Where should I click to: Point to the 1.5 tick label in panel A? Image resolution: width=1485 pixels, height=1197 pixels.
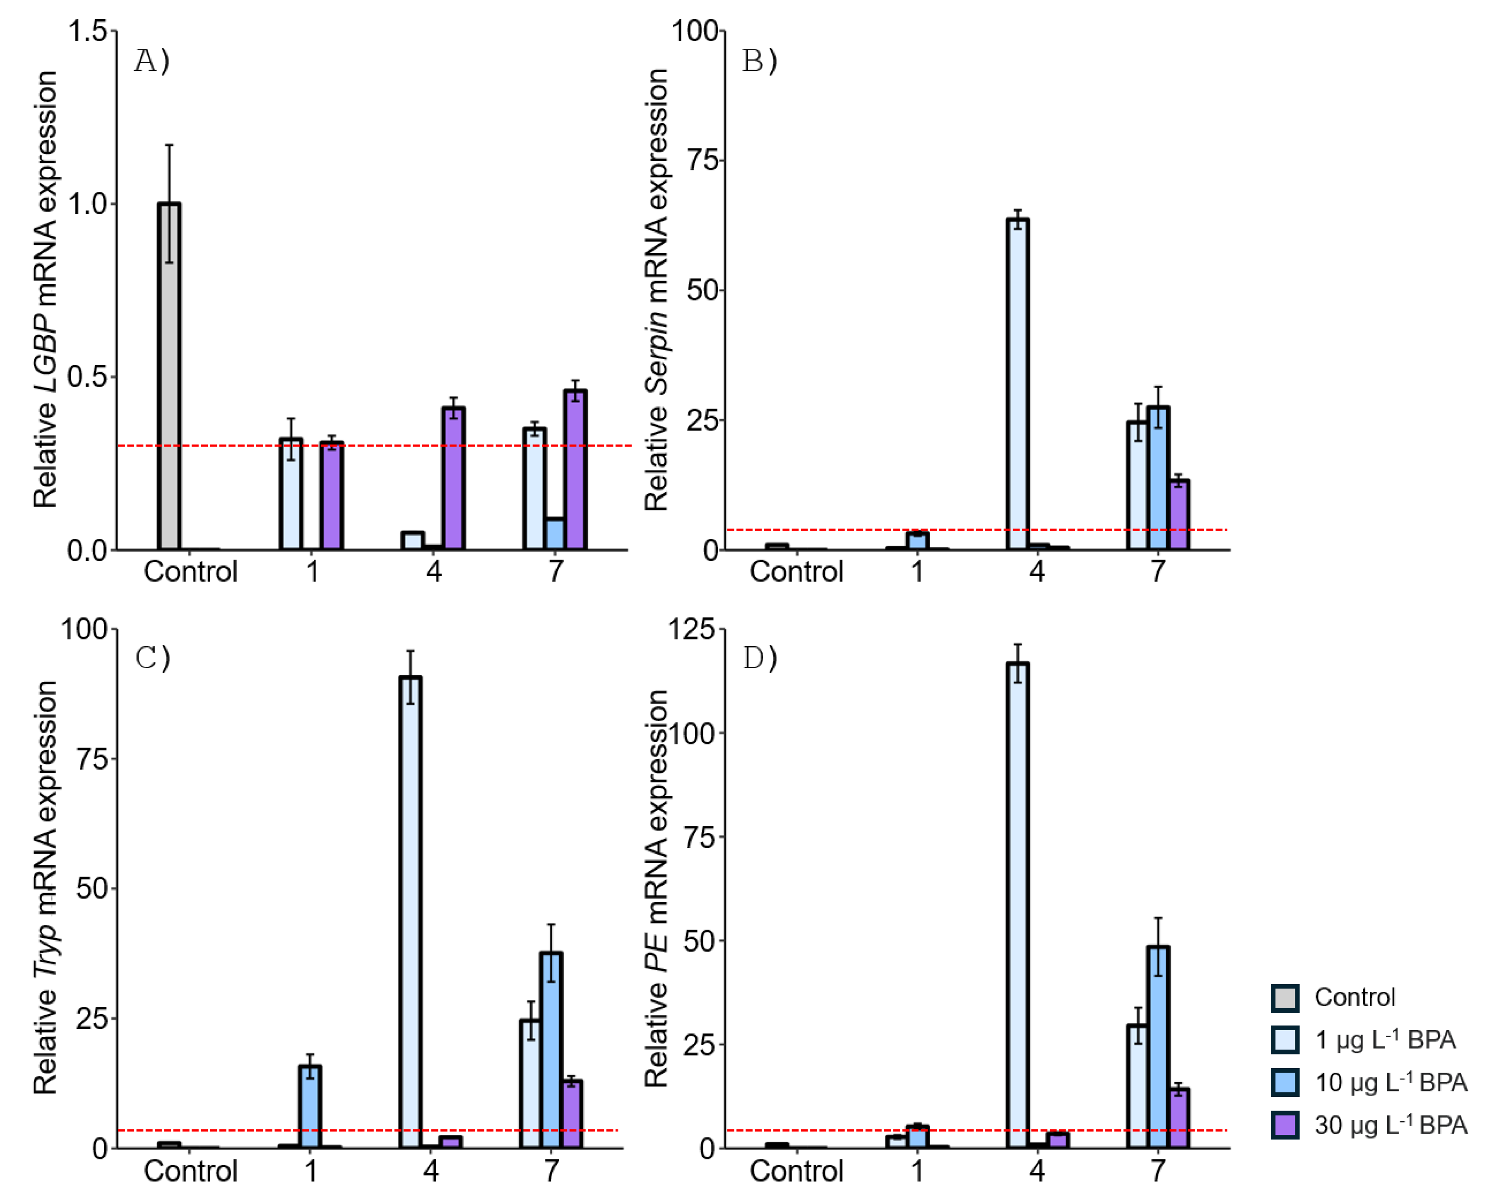tap(88, 31)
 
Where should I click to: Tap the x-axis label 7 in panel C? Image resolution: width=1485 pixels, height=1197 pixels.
tap(551, 1171)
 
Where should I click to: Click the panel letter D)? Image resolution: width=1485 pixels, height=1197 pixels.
tap(759, 659)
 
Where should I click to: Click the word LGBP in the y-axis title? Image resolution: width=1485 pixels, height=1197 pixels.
tap(46, 352)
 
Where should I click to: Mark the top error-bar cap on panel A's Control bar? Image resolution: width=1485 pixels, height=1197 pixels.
tap(169, 145)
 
